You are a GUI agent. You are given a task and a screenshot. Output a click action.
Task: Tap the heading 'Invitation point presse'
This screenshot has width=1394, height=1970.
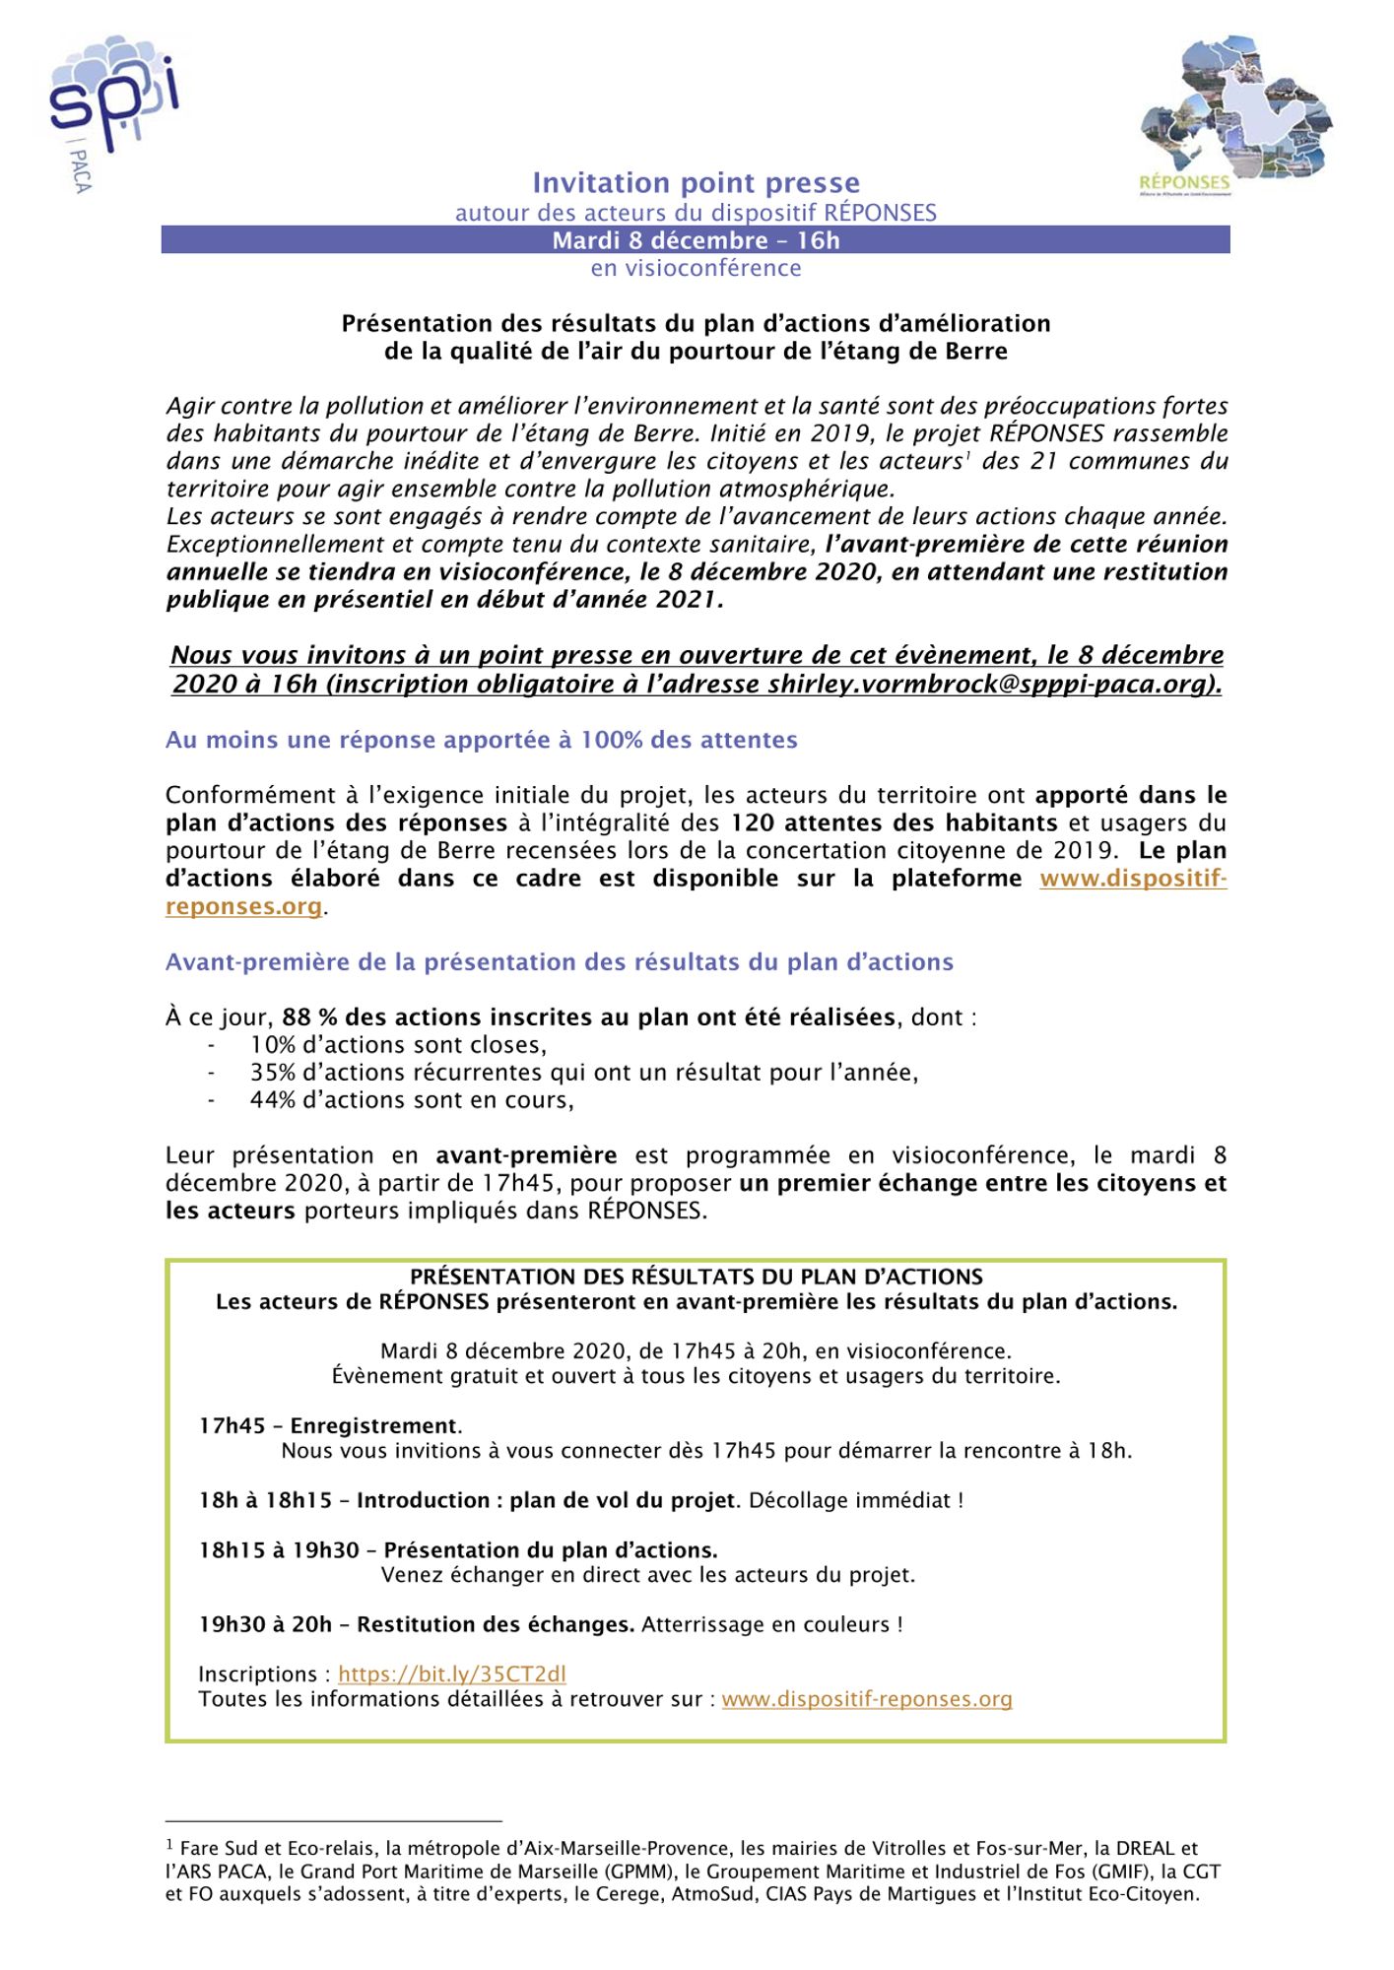pos(696,183)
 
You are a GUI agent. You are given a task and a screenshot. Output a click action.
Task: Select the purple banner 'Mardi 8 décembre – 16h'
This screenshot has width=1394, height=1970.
pos(696,240)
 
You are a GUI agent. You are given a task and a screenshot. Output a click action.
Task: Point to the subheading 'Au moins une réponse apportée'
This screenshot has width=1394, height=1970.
pos(481,740)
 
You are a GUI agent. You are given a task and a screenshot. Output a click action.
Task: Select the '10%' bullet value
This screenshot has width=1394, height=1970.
pos(272,1045)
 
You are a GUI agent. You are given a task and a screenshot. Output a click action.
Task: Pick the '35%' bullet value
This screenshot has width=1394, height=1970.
pos(272,1073)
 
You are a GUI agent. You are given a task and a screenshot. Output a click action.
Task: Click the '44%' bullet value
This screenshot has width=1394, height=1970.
pos(272,1100)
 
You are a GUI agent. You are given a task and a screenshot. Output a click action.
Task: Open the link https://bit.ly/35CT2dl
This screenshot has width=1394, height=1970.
pos(451,1674)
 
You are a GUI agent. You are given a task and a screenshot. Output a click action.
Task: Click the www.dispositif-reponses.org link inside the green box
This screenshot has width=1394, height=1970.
pos(867,1699)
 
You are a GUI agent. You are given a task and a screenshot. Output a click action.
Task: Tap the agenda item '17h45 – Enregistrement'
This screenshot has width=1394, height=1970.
pos(330,1425)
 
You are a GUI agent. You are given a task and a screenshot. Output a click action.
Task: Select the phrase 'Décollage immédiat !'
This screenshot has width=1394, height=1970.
pos(855,1500)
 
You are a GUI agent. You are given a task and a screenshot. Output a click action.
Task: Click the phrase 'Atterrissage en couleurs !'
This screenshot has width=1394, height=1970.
pos(771,1624)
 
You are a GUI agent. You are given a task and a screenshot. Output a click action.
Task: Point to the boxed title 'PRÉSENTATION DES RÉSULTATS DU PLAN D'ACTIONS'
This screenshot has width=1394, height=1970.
pos(696,1278)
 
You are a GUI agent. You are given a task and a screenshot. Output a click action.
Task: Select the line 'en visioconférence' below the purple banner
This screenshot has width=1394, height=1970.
pos(696,268)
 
